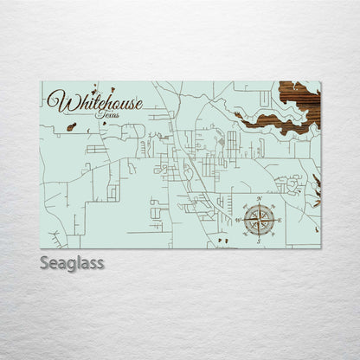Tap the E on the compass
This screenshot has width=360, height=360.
coord(280,220)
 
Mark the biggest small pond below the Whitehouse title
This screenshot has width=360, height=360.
coord(71,126)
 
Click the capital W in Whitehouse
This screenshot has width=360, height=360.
coord(57,101)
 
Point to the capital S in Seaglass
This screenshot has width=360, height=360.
coord(44,261)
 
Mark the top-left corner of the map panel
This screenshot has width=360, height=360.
coord(41,81)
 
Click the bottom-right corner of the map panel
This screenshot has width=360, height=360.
coord(320,248)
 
